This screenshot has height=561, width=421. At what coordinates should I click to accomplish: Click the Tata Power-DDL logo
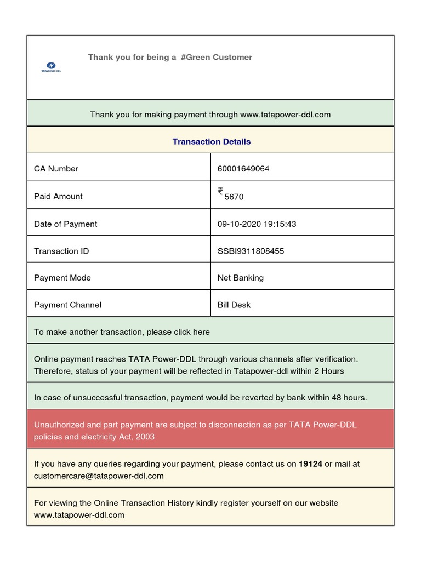[51, 67]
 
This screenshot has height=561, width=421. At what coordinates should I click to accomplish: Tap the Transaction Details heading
[211, 141]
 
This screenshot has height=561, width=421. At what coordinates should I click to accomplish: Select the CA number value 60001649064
[243, 169]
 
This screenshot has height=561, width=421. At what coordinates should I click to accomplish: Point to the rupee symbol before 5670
[220, 191]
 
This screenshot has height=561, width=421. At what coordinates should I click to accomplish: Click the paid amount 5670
[234, 197]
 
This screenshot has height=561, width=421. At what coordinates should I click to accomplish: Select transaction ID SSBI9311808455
[251, 251]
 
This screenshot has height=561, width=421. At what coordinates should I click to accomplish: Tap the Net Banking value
[240, 278]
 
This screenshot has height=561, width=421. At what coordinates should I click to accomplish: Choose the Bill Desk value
[234, 305]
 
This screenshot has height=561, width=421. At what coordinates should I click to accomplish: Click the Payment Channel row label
[67, 305]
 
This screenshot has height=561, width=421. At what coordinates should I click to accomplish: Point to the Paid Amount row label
[58, 197]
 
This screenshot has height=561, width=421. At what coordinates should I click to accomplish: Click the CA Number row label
[56, 169]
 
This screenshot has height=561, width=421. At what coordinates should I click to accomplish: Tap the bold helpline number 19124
[310, 464]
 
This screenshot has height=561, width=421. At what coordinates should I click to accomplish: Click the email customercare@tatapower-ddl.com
[99, 476]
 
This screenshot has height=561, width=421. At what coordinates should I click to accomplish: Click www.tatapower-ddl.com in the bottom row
[79, 515]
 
